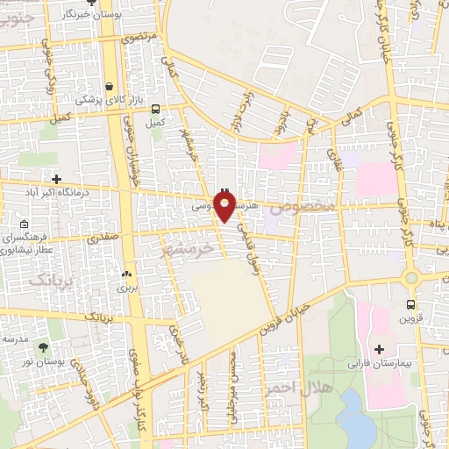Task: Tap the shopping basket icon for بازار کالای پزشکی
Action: point(109,87)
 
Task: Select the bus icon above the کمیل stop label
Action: point(155,110)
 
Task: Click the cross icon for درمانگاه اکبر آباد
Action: point(56,178)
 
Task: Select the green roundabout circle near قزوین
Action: point(410,278)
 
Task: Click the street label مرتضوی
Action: point(138,39)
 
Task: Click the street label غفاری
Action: point(338,158)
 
